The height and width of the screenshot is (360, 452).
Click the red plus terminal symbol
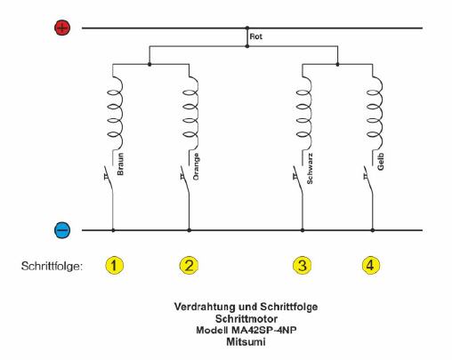[x=62, y=28]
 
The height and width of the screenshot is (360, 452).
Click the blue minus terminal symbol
[x=62, y=230]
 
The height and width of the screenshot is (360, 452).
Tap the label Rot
[x=255, y=36]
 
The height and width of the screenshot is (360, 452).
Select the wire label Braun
[x=120, y=164]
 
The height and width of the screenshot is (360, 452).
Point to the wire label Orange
[x=196, y=166]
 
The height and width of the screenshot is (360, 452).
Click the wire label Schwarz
[x=310, y=169]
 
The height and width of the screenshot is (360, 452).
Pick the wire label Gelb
[x=381, y=162]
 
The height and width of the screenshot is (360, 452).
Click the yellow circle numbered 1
[x=115, y=265]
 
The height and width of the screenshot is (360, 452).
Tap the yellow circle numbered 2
[x=189, y=265]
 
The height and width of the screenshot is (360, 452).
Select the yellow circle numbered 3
[x=302, y=265]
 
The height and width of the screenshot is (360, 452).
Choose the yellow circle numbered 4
[x=371, y=265]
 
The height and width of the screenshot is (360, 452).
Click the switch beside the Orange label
[x=185, y=180]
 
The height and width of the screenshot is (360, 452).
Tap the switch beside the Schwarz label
[x=298, y=180]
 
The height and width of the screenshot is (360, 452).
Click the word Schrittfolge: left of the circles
[x=52, y=266]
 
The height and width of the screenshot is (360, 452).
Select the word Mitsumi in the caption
[x=246, y=341]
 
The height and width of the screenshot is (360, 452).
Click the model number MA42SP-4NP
[x=263, y=330]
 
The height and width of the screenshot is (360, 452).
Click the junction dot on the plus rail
[x=247, y=28]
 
